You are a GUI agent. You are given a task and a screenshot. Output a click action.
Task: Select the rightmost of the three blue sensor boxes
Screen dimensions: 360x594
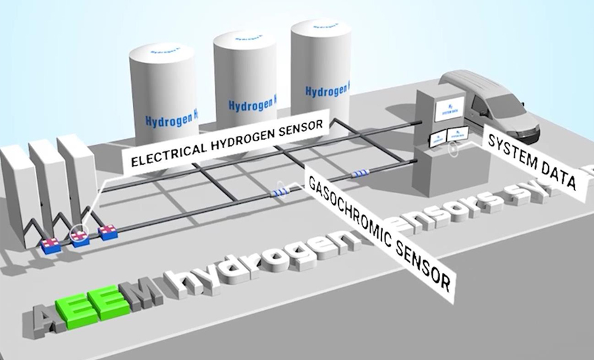point(108,233)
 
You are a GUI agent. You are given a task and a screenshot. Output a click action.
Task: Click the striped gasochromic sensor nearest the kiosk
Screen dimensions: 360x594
point(359,175)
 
